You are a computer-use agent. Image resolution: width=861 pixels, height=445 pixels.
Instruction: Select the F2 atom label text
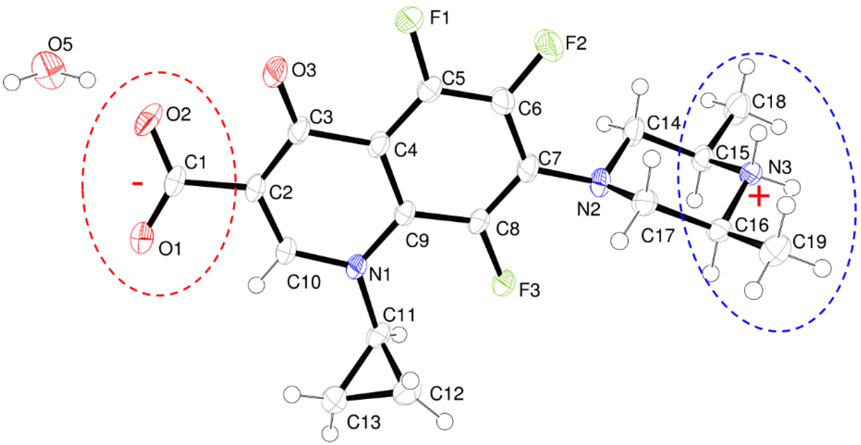576,43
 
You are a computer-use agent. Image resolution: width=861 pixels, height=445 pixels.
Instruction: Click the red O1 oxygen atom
142,238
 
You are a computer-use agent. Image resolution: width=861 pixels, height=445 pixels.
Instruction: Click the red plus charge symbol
759,197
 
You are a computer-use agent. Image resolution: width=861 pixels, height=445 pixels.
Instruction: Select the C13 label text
364,423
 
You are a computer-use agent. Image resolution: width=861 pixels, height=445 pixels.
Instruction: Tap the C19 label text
809,242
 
